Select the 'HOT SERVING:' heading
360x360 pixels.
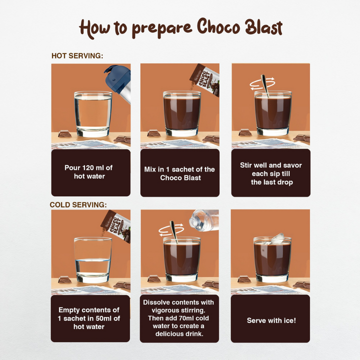click(x=77, y=56)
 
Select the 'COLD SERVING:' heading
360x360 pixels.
click(x=79, y=205)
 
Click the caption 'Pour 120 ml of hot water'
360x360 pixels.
click(x=91, y=172)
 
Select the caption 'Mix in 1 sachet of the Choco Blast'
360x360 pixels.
click(x=179, y=173)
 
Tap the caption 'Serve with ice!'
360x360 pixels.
click(x=271, y=320)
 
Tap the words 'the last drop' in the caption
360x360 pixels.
click(x=271, y=182)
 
